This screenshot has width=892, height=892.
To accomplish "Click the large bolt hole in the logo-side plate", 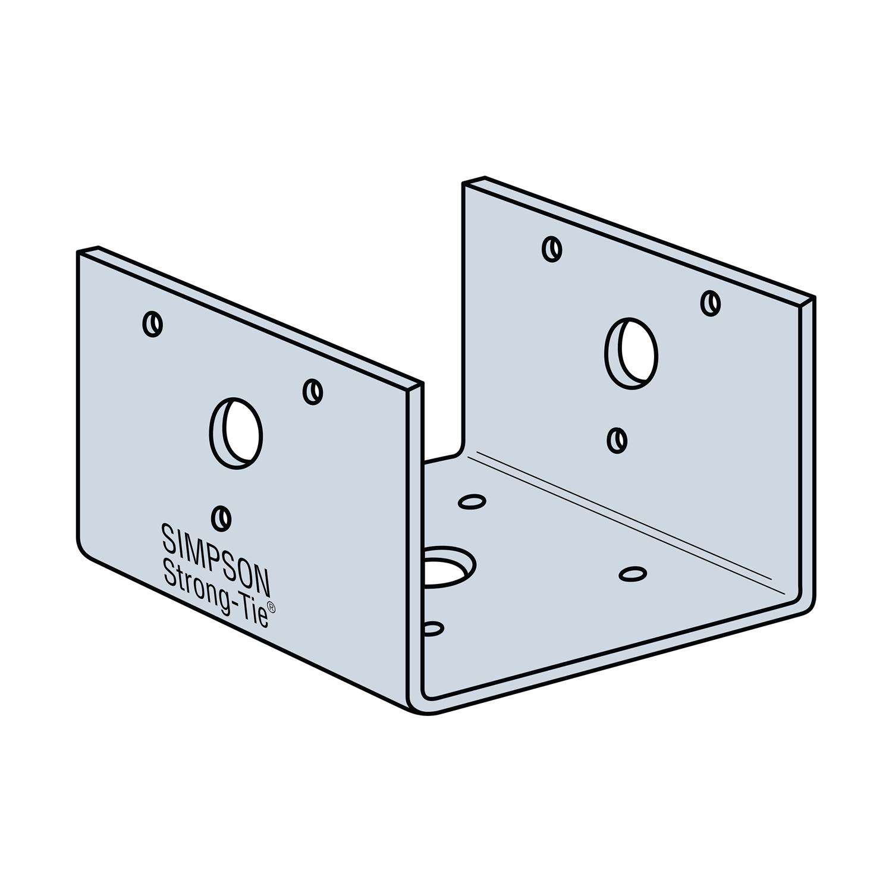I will pyautogui.click(x=236, y=433).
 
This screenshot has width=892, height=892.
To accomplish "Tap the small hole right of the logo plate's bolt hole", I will pyautogui.click(x=313, y=391).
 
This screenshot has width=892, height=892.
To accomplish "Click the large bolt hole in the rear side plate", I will pyautogui.click(x=632, y=353).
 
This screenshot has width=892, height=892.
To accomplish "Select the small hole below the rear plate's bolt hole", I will pyautogui.click(x=618, y=440).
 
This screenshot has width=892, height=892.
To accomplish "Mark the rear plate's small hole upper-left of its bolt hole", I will pyautogui.click(x=552, y=249).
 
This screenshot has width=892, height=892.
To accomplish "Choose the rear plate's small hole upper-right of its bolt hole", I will pyautogui.click(x=711, y=303).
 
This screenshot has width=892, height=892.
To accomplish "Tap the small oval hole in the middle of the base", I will pyautogui.click(x=633, y=573).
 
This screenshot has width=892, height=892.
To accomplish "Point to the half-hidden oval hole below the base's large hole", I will pyautogui.click(x=433, y=629).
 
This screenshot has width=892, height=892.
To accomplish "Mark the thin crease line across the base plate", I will pyautogui.click(x=624, y=517).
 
